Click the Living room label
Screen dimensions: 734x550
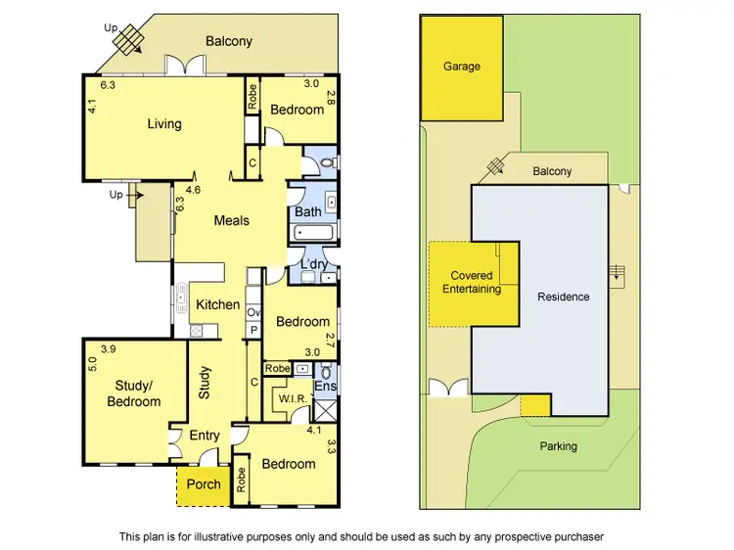pos(164,124)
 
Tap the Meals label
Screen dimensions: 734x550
pos(232,220)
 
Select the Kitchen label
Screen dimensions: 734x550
pos(217,304)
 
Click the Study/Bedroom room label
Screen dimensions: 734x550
pos(133,394)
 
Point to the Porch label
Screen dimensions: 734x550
pos(204,484)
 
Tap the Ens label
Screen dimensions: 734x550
pos(325,387)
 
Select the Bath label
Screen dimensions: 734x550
pos(307,211)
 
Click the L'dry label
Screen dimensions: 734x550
pos(313,265)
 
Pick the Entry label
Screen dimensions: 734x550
pos(205,435)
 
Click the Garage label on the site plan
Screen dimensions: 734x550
pos(462,67)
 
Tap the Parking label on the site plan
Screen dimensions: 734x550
pos(558,446)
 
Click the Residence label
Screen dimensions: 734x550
pos(564,297)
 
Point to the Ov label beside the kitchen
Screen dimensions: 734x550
pos(253,312)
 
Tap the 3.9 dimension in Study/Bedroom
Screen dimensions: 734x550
pos(108,349)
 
